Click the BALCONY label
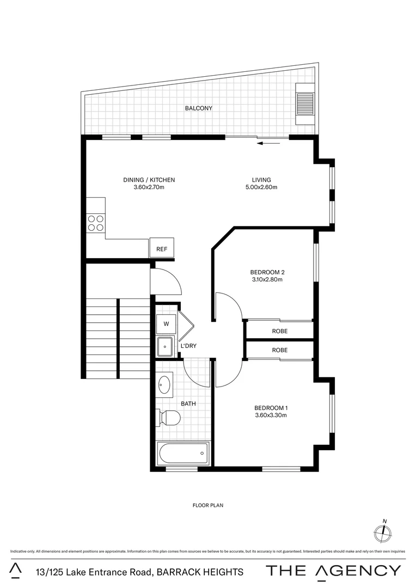(198, 108)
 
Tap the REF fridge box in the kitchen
(162, 249)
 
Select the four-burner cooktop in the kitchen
(96, 224)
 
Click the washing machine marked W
(167, 324)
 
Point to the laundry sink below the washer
(164, 346)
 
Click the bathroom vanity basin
(164, 386)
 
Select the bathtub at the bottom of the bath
(183, 452)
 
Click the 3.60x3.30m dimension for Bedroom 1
(271, 415)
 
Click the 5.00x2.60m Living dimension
(261, 187)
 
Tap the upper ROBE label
(279, 331)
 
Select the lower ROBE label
(279, 350)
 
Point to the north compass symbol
(383, 532)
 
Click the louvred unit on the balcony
(305, 104)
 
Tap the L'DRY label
(188, 346)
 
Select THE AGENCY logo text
(333, 571)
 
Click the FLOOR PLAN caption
(208, 505)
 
